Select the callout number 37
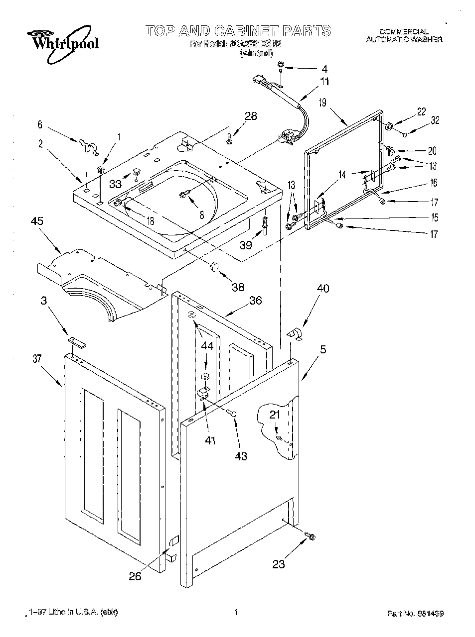(x=37, y=359)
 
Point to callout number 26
(x=135, y=576)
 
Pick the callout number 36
(x=256, y=301)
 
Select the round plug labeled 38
(x=215, y=267)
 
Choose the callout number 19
(x=322, y=103)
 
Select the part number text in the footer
(x=415, y=613)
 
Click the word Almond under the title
(x=256, y=52)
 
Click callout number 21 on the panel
(x=275, y=415)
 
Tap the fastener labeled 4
(x=281, y=65)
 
